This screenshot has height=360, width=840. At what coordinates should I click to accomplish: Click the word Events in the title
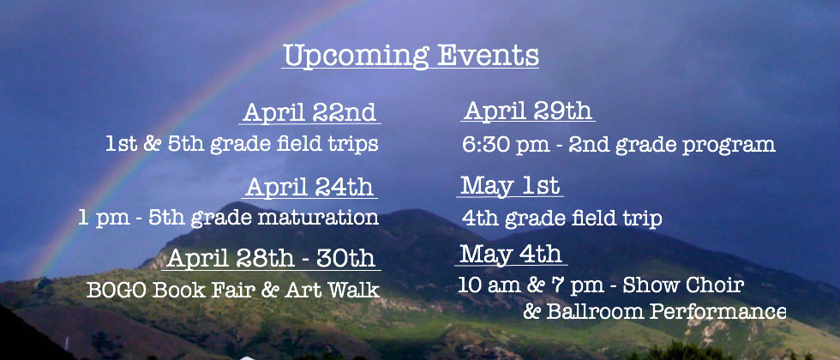point(488,55)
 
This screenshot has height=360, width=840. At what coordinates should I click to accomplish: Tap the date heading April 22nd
point(309,112)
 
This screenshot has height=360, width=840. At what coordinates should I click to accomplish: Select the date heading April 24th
point(309,187)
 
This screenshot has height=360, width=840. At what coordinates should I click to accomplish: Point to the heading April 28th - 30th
point(271,258)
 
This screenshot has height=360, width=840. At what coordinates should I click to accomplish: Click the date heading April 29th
point(528,111)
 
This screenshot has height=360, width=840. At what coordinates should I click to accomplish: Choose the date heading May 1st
point(510,186)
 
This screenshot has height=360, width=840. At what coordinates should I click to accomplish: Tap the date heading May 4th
point(511,254)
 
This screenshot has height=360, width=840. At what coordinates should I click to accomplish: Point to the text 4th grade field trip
point(562,219)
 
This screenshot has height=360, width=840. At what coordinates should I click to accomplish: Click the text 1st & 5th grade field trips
point(242,145)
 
